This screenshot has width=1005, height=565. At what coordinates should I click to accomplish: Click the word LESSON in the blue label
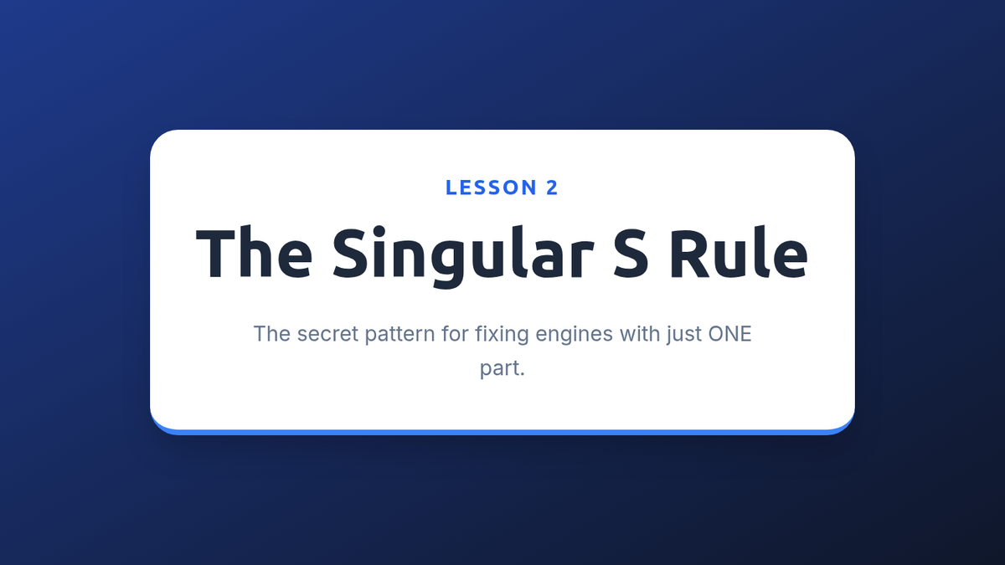[x=492, y=187]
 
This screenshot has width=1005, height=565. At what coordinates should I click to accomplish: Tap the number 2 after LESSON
[x=552, y=187]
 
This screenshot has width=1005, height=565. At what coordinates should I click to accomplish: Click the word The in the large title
[x=254, y=252]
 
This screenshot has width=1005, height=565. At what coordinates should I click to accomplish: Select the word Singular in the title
[x=463, y=256]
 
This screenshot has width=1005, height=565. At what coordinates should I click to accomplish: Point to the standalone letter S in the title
[x=631, y=254]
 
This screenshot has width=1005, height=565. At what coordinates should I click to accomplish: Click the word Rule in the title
[x=739, y=252]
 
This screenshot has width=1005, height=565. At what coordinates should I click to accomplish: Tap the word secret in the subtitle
[x=328, y=334]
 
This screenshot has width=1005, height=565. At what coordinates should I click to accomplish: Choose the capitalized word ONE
[x=729, y=334]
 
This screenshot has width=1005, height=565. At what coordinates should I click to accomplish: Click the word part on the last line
[x=499, y=369]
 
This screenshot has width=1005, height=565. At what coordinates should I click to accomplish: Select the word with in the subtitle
[x=640, y=334]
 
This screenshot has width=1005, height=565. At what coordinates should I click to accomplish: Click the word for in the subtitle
[x=455, y=334]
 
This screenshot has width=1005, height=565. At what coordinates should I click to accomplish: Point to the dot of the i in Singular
[x=379, y=231]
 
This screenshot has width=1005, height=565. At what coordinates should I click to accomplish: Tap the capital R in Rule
[x=688, y=254]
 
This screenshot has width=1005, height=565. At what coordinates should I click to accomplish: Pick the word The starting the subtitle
[x=272, y=334]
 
